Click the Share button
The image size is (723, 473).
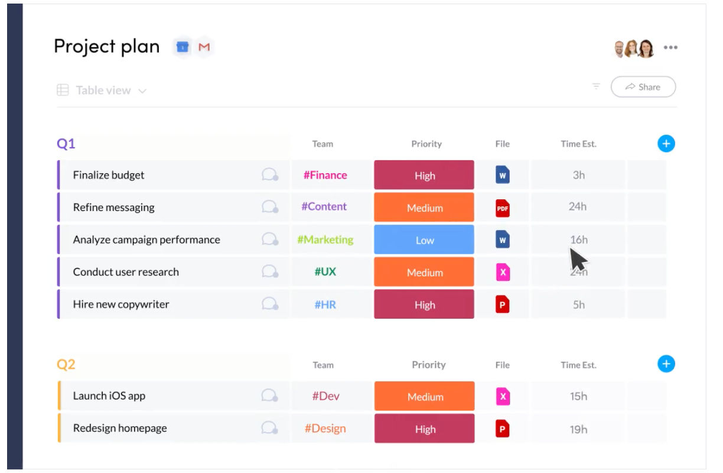coord(643,87)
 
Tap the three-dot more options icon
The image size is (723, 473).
coord(670,47)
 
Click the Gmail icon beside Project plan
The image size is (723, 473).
coord(204,47)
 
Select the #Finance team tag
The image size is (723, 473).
coord(325,175)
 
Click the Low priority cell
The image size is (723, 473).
coord(424,240)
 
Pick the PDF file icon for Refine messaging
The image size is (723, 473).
coord(503,208)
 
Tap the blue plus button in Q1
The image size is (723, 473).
coord(666,144)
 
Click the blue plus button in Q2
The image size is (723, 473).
coord(666,364)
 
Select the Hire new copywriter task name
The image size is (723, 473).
coord(121,304)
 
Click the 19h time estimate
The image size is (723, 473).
coord(578,429)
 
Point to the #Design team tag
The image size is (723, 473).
coord(325,429)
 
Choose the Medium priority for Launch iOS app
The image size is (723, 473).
coord(424,397)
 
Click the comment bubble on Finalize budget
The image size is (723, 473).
coord(269,175)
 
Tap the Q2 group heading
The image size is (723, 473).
coord(66,364)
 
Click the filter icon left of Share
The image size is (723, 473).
coord(596,86)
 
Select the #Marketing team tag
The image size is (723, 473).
coord(325,239)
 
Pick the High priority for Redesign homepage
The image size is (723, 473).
coord(424,429)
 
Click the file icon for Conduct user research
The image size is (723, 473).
coord(503,273)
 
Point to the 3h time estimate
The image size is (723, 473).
coord(578,175)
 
